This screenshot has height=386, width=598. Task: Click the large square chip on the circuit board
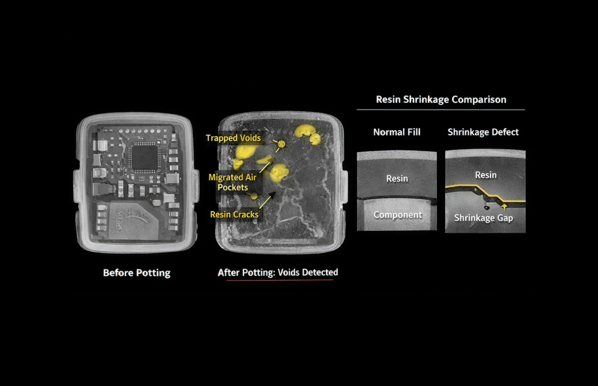[144, 156]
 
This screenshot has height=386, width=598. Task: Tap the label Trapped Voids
[233, 138]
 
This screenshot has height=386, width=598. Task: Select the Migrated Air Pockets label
[232, 183]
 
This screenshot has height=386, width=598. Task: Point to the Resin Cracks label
[234, 215]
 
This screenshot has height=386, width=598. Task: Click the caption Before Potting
[137, 273]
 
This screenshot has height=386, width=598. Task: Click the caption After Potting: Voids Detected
[277, 272]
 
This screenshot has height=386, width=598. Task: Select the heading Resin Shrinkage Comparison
[441, 100]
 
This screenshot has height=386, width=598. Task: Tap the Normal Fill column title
[397, 132]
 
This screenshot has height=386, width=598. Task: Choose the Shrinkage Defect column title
[483, 132]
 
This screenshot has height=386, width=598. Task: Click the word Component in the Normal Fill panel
[397, 215]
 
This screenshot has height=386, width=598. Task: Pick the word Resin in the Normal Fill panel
[397, 178]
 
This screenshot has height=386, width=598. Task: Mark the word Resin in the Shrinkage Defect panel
[485, 175]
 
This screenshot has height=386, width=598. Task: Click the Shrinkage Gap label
[483, 218]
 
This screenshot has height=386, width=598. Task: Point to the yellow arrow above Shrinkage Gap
[504, 207]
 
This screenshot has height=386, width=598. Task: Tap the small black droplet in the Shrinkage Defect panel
[486, 208]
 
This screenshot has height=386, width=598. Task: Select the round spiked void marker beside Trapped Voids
[281, 144]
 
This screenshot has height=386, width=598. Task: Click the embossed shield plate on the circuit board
[134, 221]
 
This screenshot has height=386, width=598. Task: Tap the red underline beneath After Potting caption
[280, 280]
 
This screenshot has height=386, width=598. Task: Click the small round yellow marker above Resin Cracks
[254, 196]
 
